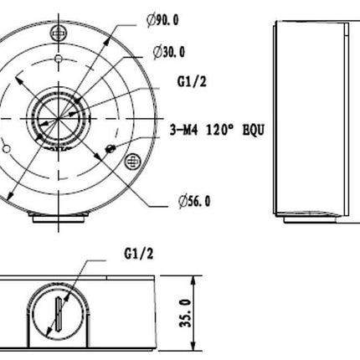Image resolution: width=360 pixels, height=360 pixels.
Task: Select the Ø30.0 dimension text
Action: tap(170, 53)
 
